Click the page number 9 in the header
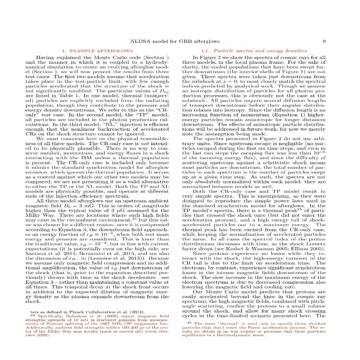coord(324,41)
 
